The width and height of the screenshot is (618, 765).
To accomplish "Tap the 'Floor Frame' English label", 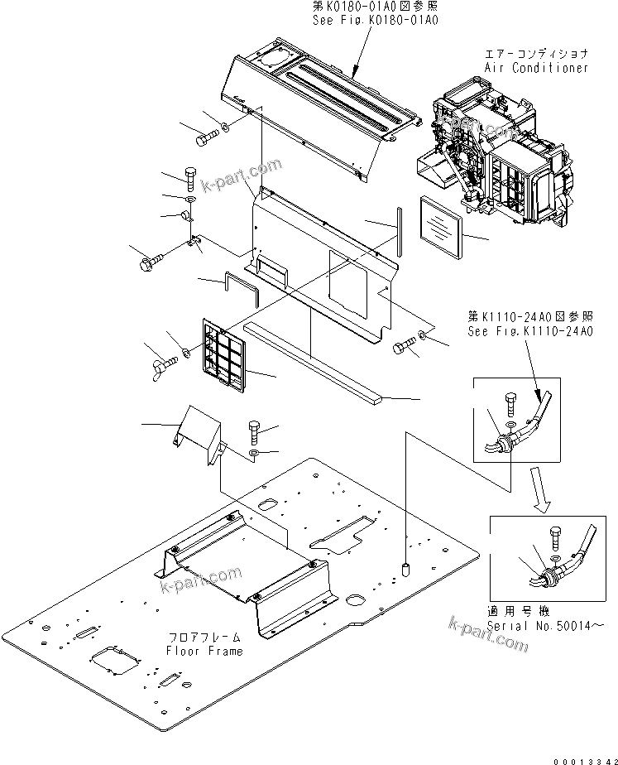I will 204,651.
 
